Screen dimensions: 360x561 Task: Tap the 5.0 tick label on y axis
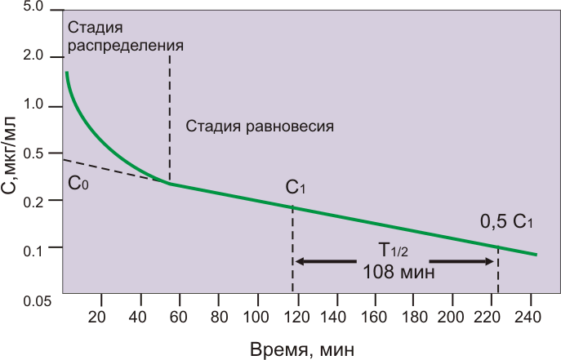click(33, 7)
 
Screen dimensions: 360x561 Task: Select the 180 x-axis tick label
click(412, 317)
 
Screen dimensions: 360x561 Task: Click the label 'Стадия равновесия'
click(260, 127)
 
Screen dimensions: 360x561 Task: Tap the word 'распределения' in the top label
click(125, 45)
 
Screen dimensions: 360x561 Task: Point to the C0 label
click(78, 183)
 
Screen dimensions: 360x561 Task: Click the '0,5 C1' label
click(505, 222)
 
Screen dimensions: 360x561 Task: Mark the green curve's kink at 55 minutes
click(170, 184)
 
